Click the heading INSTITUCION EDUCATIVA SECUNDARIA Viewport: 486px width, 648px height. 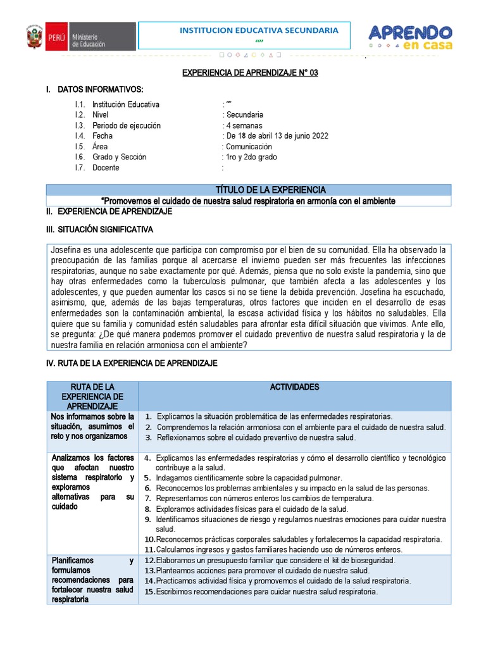tap(259, 30)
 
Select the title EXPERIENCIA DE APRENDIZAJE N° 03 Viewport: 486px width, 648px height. tap(250, 73)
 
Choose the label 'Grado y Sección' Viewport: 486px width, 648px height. tap(119, 157)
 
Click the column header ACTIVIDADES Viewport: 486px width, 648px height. tap(294, 387)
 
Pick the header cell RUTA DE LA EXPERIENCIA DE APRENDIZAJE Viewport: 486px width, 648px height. tap(93, 396)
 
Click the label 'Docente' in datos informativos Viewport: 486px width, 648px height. tap(106, 168)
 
